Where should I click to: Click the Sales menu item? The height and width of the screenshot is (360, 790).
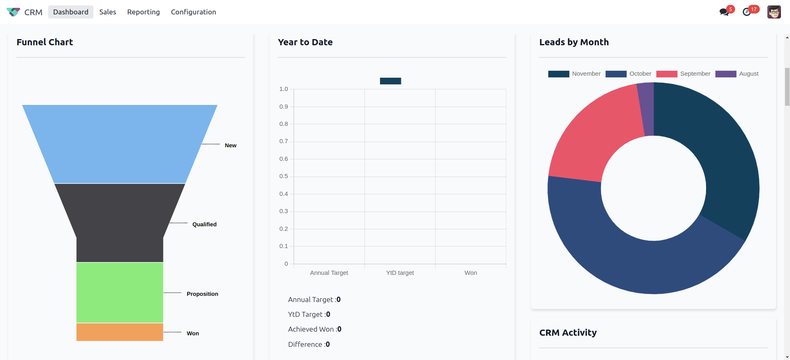click(x=107, y=12)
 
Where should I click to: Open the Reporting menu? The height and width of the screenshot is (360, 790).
click(x=143, y=12)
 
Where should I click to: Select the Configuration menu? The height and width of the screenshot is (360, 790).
click(x=193, y=12)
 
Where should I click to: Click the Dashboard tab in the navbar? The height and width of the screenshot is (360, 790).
click(x=70, y=12)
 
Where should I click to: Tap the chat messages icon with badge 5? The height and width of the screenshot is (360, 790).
click(x=724, y=12)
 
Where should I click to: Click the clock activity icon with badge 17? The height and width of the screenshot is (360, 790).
click(x=747, y=12)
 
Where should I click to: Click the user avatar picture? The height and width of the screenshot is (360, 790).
click(x=774, y=12)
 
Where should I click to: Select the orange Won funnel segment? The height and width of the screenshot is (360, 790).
click(x=119, y=332)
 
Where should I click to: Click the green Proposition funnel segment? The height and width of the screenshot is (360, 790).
click(x=119, y=292)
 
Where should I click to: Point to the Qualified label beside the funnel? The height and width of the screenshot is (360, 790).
click(x=204, y=224)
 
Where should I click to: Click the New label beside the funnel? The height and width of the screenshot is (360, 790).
click(x=231, y=145)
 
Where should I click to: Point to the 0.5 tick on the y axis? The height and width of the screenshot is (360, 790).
click(x=284, y=176)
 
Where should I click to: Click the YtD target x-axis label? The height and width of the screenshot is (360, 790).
click(x=400, y=273)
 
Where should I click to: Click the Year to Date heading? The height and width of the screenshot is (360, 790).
click(x=305, y=42)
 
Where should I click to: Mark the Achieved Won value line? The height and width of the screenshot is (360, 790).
click(x=315, y=329)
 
